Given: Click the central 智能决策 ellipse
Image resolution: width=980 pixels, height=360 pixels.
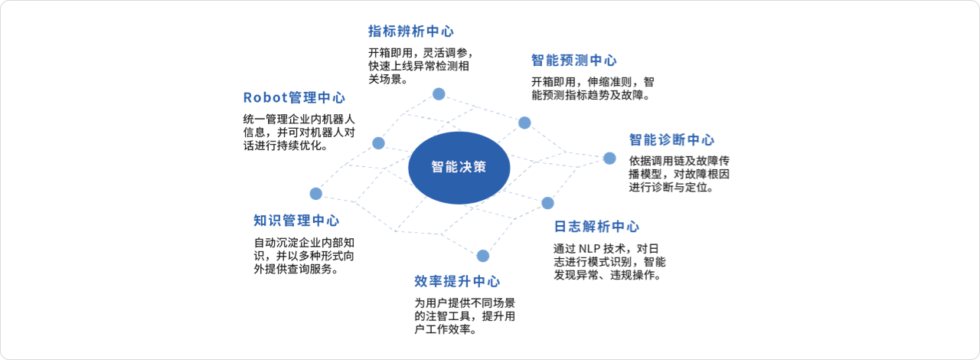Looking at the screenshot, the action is coord(459,168).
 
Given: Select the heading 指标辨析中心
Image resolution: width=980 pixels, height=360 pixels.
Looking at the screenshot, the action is coord(411,31).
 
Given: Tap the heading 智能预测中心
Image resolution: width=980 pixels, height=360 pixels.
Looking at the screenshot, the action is coord(574,60).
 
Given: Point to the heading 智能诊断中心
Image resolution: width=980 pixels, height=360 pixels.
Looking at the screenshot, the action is coord(671,139).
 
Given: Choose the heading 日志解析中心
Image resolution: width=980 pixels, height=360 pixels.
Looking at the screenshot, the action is coord(596,227).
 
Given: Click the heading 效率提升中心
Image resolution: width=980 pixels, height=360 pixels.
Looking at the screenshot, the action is coord(457,281).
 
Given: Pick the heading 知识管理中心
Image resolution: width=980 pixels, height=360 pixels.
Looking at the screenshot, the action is coord(296,221).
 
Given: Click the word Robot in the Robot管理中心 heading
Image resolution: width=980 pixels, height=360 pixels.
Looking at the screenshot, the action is coord(266,97).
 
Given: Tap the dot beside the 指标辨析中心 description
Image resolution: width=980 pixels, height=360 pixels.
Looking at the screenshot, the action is coord(439,93).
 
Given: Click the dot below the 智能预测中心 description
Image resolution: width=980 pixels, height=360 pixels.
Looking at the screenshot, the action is coord(524,123).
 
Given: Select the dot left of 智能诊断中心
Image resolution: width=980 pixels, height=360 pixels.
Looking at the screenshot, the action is coord(609,158).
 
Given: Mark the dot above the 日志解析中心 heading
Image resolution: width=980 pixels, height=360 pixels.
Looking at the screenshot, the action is coord(547,203).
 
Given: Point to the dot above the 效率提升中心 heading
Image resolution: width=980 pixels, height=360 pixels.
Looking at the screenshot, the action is coord(483,256).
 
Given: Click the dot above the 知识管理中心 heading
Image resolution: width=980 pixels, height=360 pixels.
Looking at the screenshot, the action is coord(316,194).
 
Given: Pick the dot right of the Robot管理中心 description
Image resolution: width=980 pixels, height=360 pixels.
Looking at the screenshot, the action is coord(378,142).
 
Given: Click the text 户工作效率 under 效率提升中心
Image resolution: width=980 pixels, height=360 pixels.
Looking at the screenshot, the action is coord(443,329).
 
